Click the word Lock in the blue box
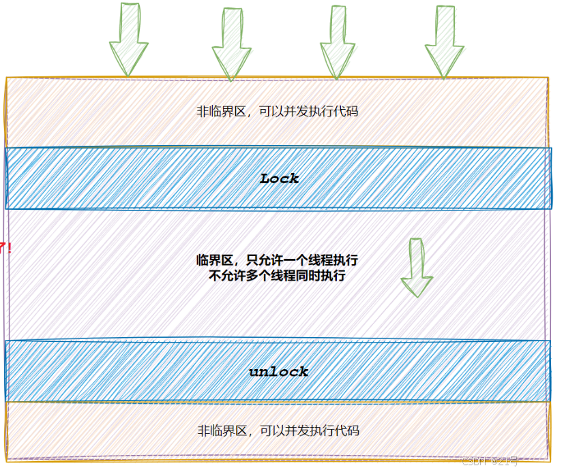point(280,178)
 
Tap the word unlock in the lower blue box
point(278,372)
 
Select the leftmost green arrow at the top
point(128,40)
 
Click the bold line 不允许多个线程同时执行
point(278,276)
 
